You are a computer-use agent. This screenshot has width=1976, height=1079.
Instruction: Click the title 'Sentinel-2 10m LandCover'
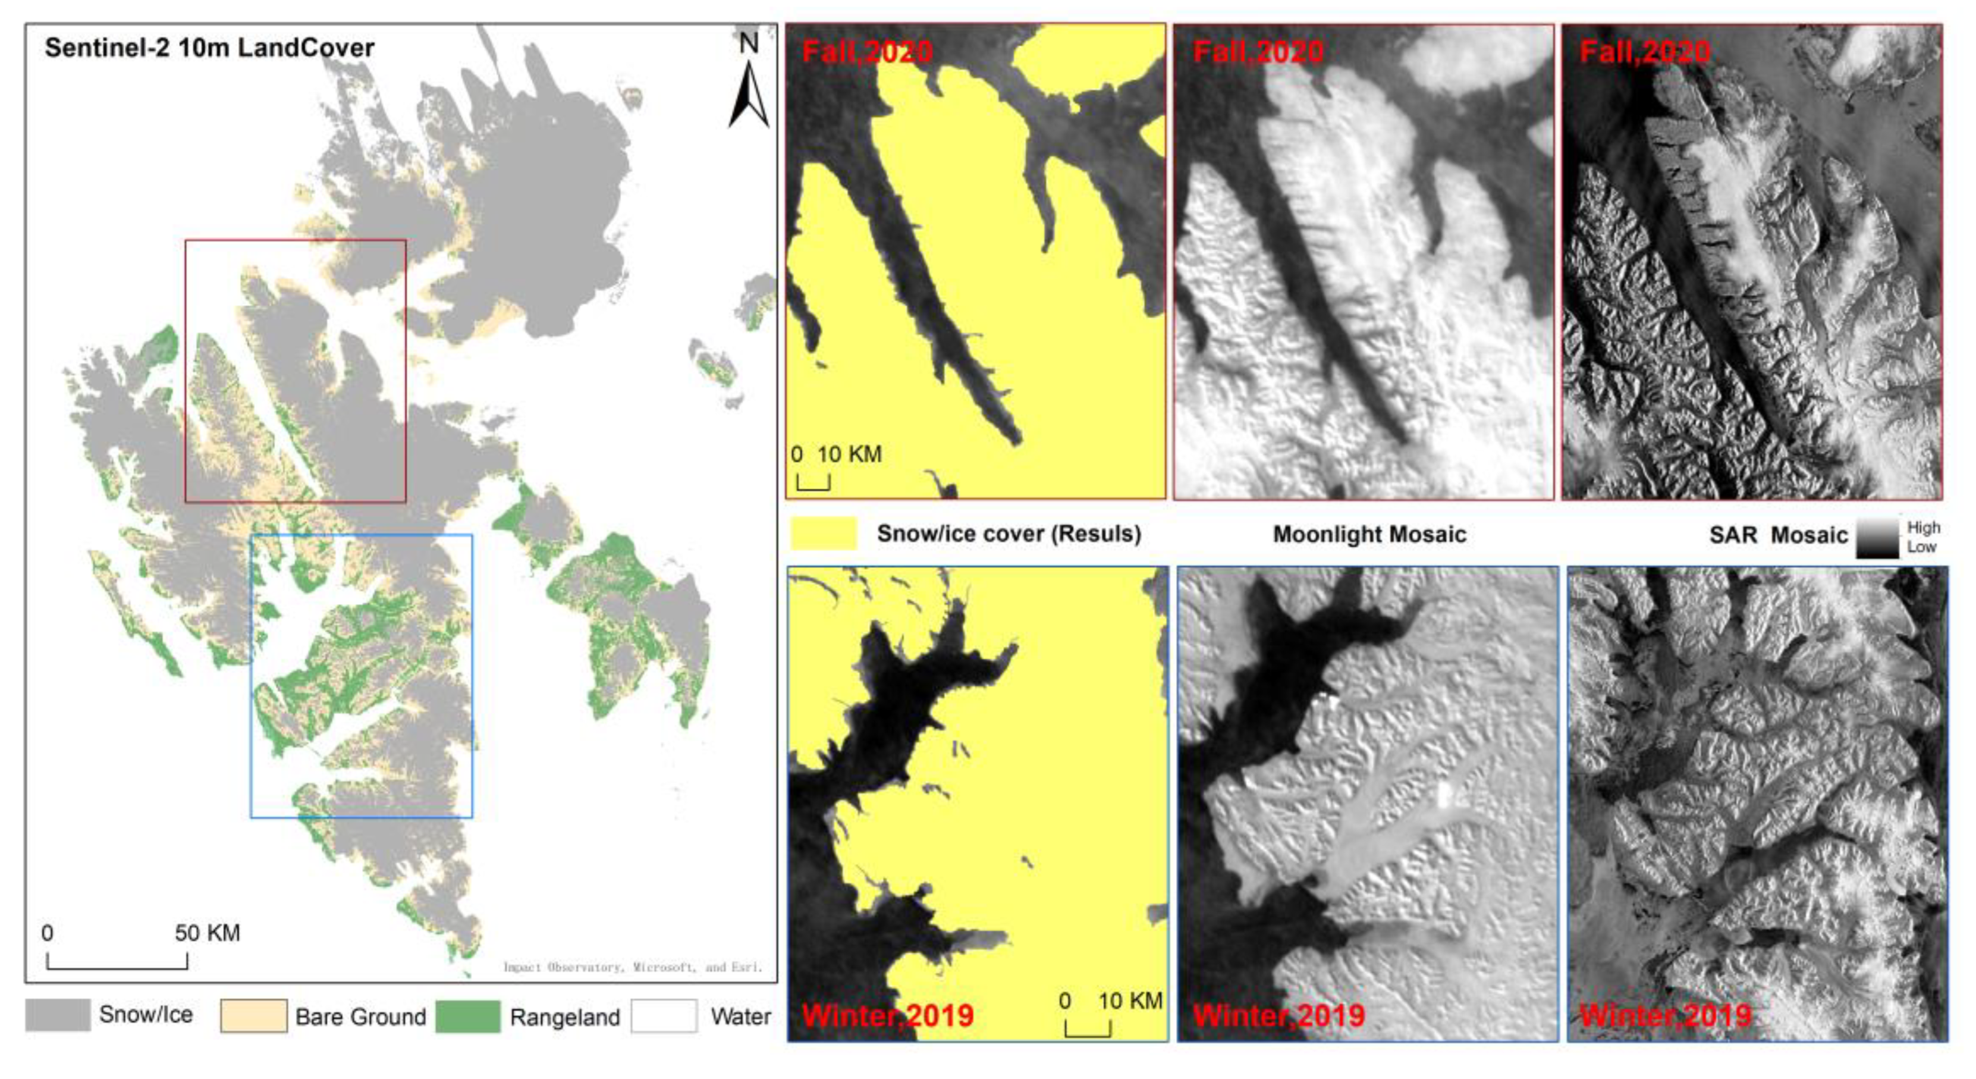click(x=209, y=48)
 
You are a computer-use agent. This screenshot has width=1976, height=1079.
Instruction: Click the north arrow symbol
click(x=748, y=96)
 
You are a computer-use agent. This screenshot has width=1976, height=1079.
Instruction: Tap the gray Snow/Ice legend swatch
click(x=58, y=1015)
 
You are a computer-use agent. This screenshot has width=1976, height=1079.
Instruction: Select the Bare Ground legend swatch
click(x=253, y=1015)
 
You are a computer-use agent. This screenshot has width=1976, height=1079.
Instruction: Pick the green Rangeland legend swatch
click(x=467, y=1015)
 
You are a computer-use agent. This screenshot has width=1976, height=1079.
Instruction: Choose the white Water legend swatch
click(x=664, y=1015)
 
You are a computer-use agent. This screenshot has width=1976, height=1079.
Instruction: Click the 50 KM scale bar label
click(x=207, y=933)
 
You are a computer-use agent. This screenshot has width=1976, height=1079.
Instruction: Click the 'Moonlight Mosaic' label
click(x=1369, y=534)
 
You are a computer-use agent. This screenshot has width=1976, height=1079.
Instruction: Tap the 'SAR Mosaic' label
click(x=1777, y=535)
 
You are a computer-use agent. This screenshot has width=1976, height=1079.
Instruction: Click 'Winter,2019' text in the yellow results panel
click(x=888, y=1015)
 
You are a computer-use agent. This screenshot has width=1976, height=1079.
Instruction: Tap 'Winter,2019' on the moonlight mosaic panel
click(x=1278, y=1015)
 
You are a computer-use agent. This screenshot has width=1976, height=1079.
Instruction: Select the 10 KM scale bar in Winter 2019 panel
click(x=1087, y=1028)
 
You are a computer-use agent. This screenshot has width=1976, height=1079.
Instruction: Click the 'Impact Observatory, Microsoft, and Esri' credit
click(x=632, y=967)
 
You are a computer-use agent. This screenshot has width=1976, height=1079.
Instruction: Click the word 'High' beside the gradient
click(x=1923, y=527)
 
